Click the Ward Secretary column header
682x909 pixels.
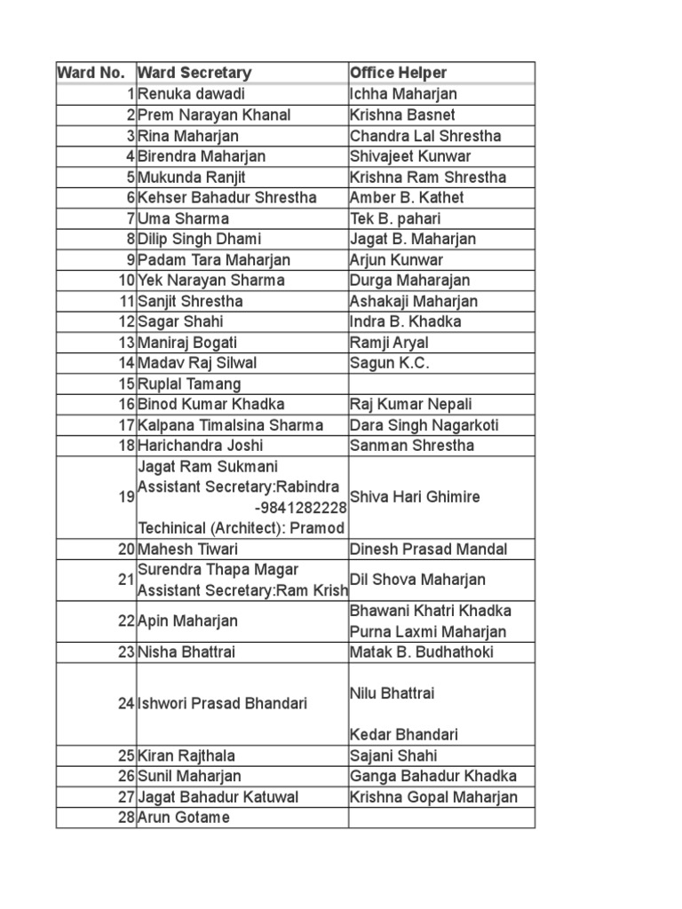pyautogui.click(x=194, y=73)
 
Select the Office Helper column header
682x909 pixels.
pyautogui.click(x=398, y=73)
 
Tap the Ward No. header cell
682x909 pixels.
pyautogui.click(x=93, y=73)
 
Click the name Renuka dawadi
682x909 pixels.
pyautogui.click(x=191, y=94)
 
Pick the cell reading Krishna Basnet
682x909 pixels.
pyautogui.click(x=402, y=115)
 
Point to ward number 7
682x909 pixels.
pyautogui.click(x=130, y=218)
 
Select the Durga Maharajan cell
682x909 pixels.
pyautogui.click(x=409, y=281)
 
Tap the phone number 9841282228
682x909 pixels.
pyautogui.click(x=300, y=508)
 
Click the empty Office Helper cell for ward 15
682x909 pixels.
pyautogui.click(x=441, y=384)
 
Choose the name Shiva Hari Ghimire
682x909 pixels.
pyautogui.click(x=415, y=497)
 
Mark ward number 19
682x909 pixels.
pyautogui.click(x=125, y=497)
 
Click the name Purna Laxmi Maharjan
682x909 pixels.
pyautogui.click(x=428, y=632)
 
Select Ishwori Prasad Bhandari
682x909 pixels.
pyautogui.click(x=222, y=703)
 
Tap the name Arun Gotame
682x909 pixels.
pyautogui.click(x=183, y=817)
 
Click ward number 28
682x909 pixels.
pyautogui.click(x=125, y=817)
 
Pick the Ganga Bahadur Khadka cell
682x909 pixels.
pyautogui.click(x=432, y=776)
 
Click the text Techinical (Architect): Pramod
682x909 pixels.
pyautogui.click(x=241, y=528)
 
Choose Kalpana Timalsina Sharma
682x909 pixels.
pyautogui.click(x=230, y=425)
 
